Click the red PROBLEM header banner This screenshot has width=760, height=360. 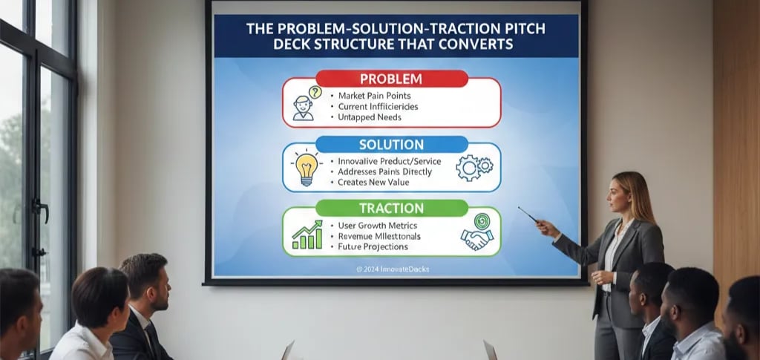pos(391,79)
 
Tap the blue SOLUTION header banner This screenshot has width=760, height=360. pos(391,144)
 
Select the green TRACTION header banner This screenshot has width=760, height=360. pos(391,209)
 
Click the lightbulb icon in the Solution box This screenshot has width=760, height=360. pos(307,168)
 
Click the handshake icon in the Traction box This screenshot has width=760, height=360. pos(477,232)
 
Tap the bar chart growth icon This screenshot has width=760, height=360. pos(307,235)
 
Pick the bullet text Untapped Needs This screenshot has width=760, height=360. pos(370,117)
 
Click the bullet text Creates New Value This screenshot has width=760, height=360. pos(376,182)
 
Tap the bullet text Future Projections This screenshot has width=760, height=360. pos(373,246)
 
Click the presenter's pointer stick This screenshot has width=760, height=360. pos(528,215)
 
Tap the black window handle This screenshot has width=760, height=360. pos(40,212)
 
